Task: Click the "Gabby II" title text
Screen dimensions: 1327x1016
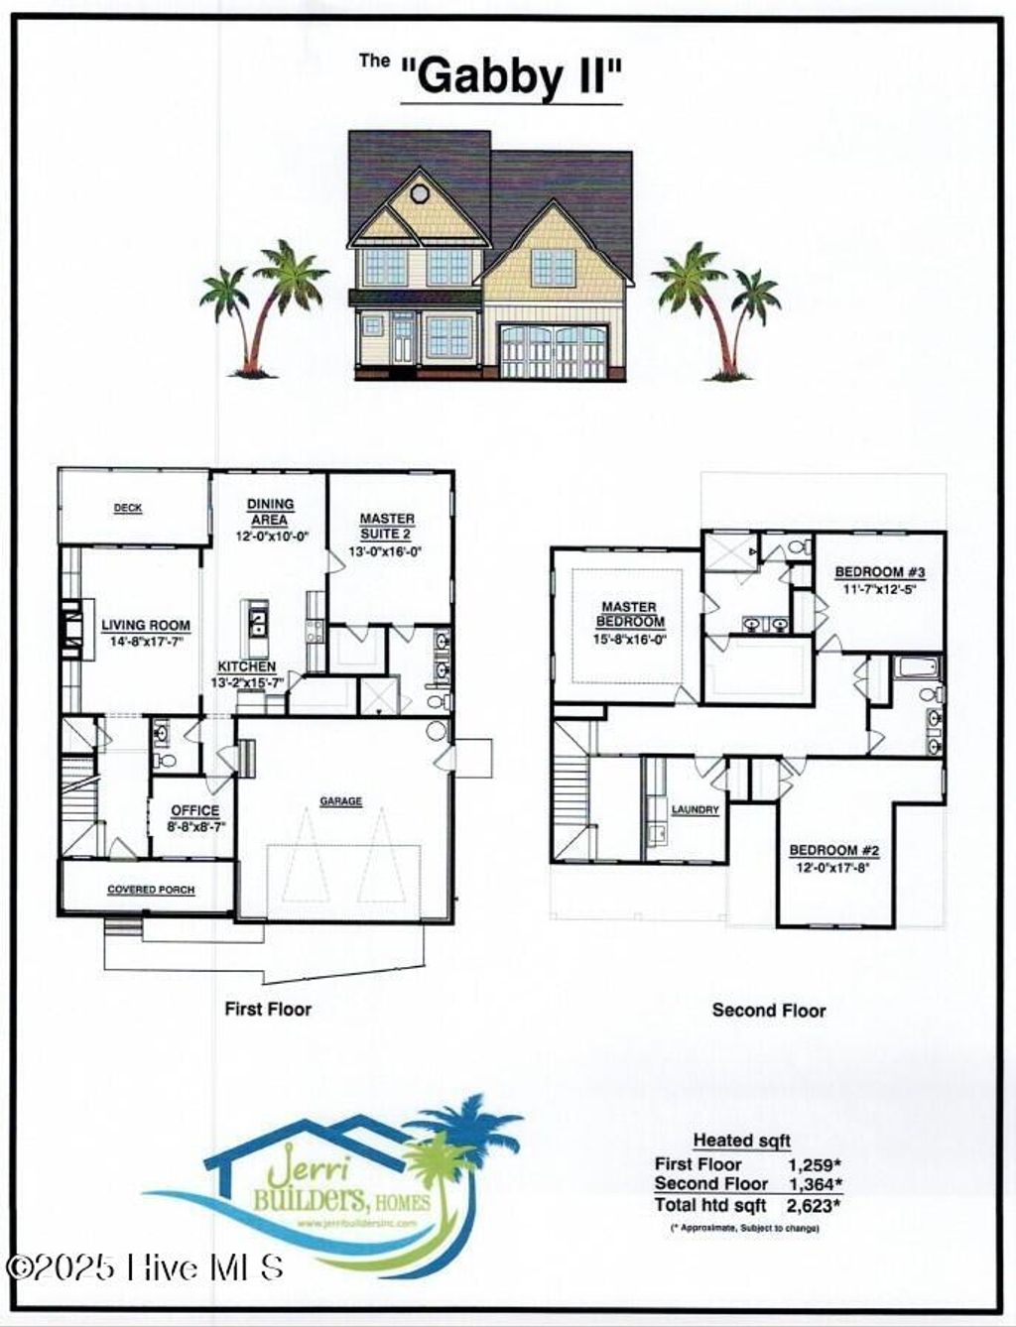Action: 512,75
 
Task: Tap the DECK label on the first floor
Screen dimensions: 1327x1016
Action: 128,508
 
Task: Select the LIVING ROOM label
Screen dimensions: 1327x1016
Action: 146,626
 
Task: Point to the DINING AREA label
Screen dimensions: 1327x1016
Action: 270,512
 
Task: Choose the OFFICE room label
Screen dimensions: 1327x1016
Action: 194,811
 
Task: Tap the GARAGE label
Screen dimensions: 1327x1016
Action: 340,801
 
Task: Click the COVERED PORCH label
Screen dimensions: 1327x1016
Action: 151,890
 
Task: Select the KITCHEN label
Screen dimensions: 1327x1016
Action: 248,667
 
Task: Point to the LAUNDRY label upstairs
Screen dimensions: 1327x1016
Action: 695,810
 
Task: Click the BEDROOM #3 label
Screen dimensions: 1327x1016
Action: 880,572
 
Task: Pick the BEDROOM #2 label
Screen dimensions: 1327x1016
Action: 834,850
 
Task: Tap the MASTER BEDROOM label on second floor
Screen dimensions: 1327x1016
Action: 628,614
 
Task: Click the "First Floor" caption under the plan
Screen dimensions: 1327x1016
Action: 268,1009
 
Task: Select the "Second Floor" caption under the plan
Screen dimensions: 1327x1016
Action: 769,1010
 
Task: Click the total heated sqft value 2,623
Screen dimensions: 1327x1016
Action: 812,1205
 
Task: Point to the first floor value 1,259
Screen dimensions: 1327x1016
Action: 813,1164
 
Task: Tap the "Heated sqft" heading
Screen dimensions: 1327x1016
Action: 742,1141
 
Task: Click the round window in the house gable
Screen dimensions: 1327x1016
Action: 420,192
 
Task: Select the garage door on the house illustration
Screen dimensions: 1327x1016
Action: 553,352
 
